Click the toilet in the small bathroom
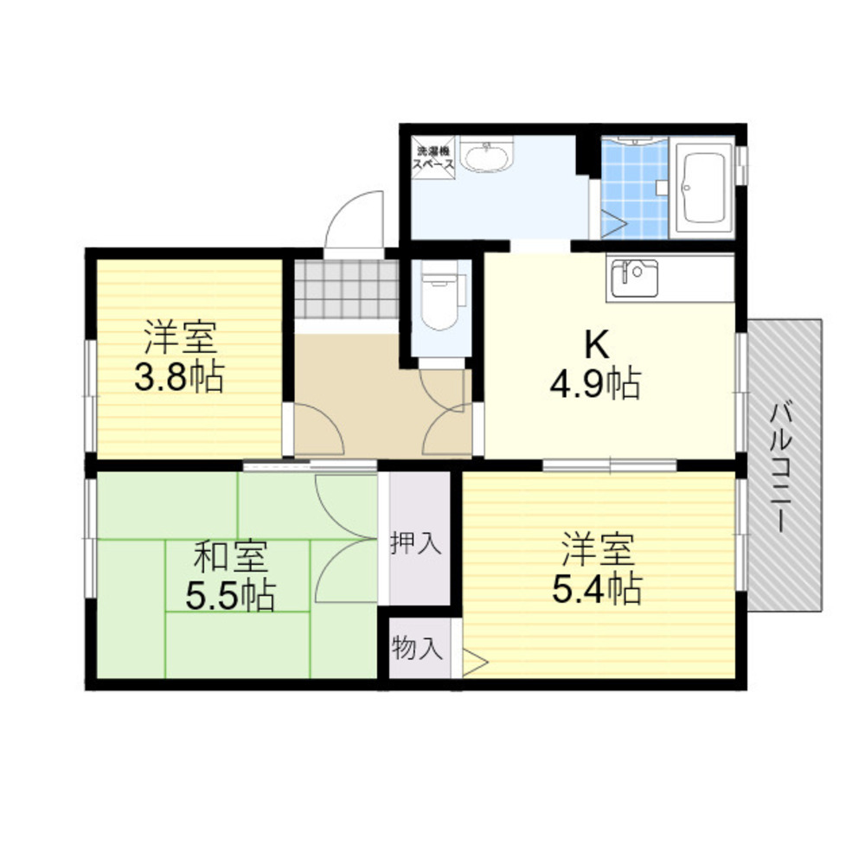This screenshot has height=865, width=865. coord(439,295)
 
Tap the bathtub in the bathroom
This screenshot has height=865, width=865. coord(702,187)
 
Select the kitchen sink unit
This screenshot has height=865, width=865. coord(635,278)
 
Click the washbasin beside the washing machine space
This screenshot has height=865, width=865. coord(486,154)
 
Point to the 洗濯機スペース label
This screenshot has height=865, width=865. coord(434,157)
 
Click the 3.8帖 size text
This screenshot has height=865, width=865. coord(179,377)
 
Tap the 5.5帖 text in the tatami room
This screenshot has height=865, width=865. coord(230,596)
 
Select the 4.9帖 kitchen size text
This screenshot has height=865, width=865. coord(595,384)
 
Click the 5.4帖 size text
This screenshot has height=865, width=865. coord(596,589)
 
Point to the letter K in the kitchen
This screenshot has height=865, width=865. coord(597,345)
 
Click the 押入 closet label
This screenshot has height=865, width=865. coord(416,543)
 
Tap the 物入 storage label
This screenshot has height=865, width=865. coord(417,648)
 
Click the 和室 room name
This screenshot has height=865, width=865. coord(232,556)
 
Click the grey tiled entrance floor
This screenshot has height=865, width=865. coord(347,289)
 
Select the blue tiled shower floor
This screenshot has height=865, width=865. coord(634,189)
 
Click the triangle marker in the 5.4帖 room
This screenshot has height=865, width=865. coord(475,662)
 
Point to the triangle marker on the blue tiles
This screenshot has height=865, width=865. coord(613,225)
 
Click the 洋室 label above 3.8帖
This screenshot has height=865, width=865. coord(181,337)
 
